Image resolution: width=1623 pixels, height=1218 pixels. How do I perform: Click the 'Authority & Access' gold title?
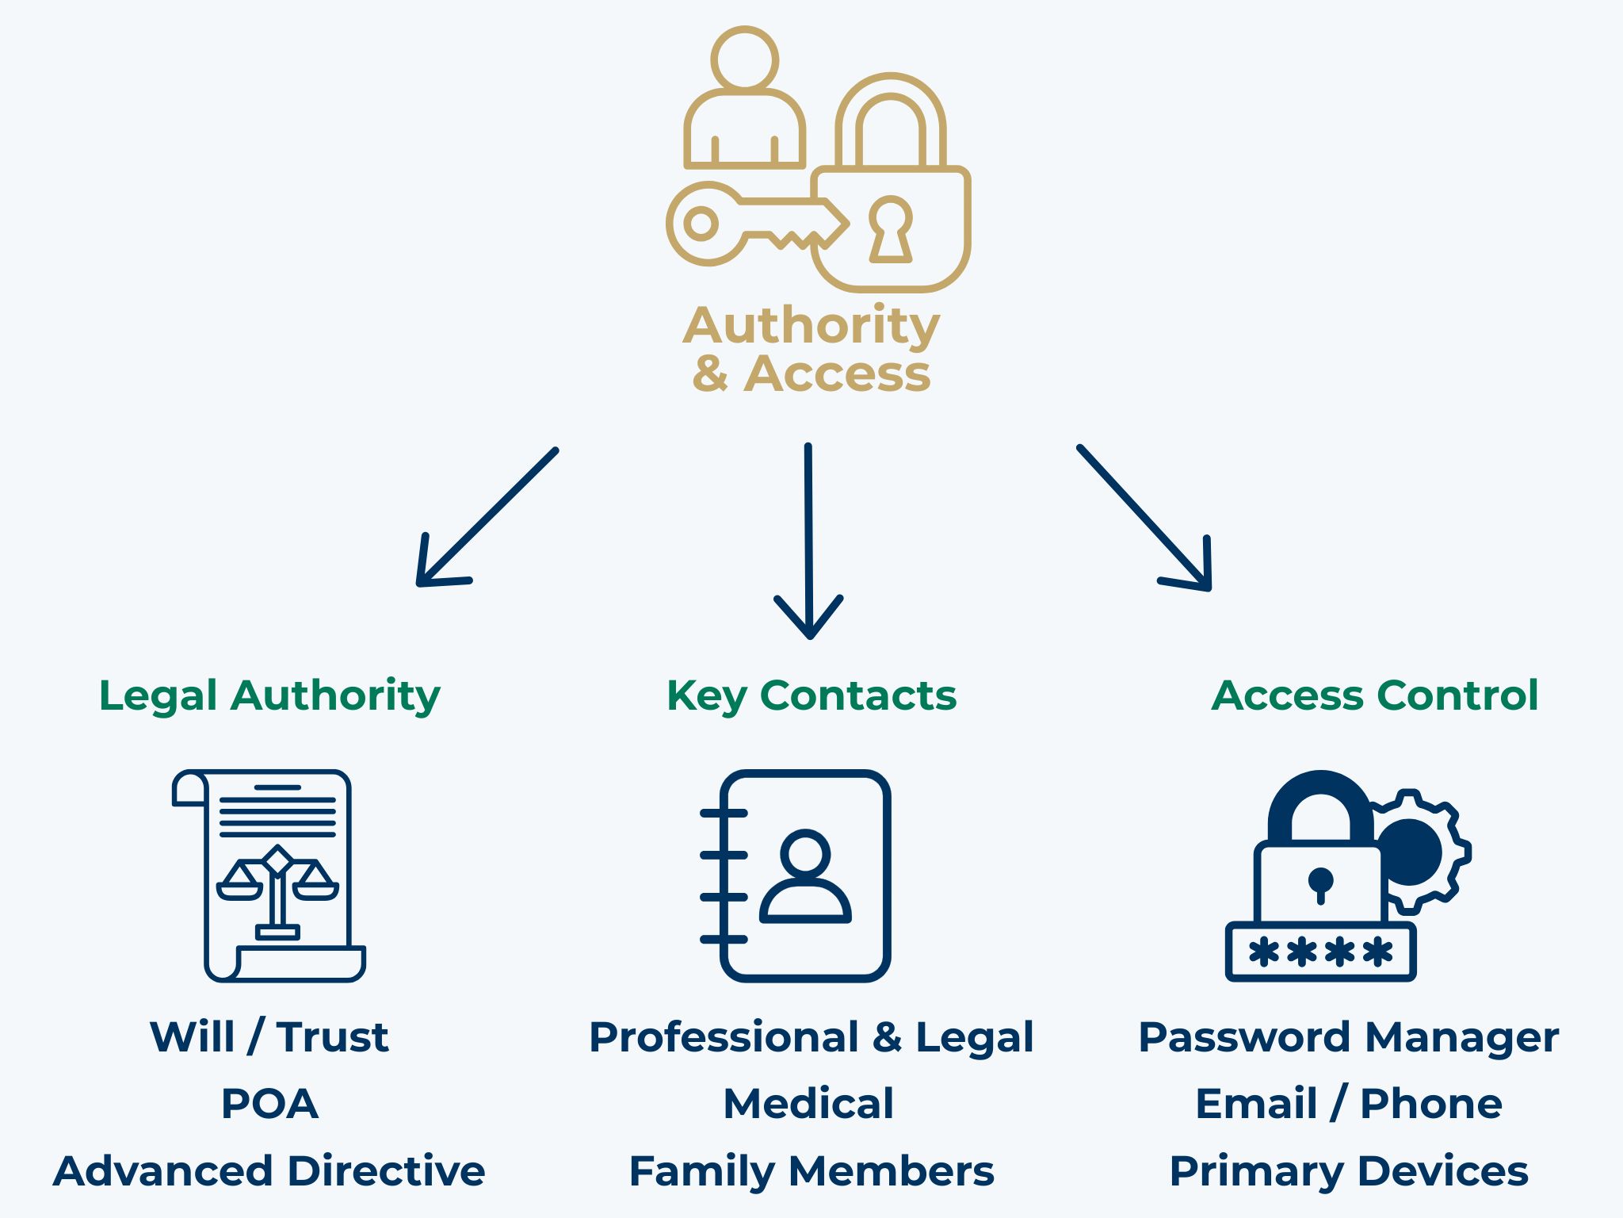point(811,349)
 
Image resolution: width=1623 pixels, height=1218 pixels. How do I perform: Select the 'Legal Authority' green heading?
point(269,695)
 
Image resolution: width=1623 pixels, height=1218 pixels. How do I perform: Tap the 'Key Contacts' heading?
point(811,695)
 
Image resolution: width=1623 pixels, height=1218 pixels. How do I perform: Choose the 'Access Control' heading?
point(1375,695)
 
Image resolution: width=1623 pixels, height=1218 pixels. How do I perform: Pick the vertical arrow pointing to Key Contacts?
point(808,539)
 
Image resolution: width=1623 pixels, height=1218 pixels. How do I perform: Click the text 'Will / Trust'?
point(269,1036)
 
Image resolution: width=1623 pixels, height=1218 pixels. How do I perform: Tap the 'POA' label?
point(269,1104)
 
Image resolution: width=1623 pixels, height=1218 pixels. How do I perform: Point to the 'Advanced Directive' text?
point(269,1171)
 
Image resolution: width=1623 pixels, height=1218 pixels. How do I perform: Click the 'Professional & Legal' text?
point(811,1036)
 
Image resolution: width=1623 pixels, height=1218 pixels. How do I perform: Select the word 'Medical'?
point(808,1104)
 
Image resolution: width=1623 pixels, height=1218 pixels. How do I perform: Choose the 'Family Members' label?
point(811,1171)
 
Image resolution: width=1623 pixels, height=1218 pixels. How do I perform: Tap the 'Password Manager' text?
point(1349,1036)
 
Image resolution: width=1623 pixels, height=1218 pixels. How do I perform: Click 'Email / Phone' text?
point(1349,1104)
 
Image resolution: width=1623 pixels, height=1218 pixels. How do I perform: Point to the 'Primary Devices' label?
point(1349,1171)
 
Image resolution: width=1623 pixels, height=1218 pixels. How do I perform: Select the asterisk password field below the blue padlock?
point(1320,952)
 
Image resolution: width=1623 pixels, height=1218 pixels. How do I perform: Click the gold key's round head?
point(702,224)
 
